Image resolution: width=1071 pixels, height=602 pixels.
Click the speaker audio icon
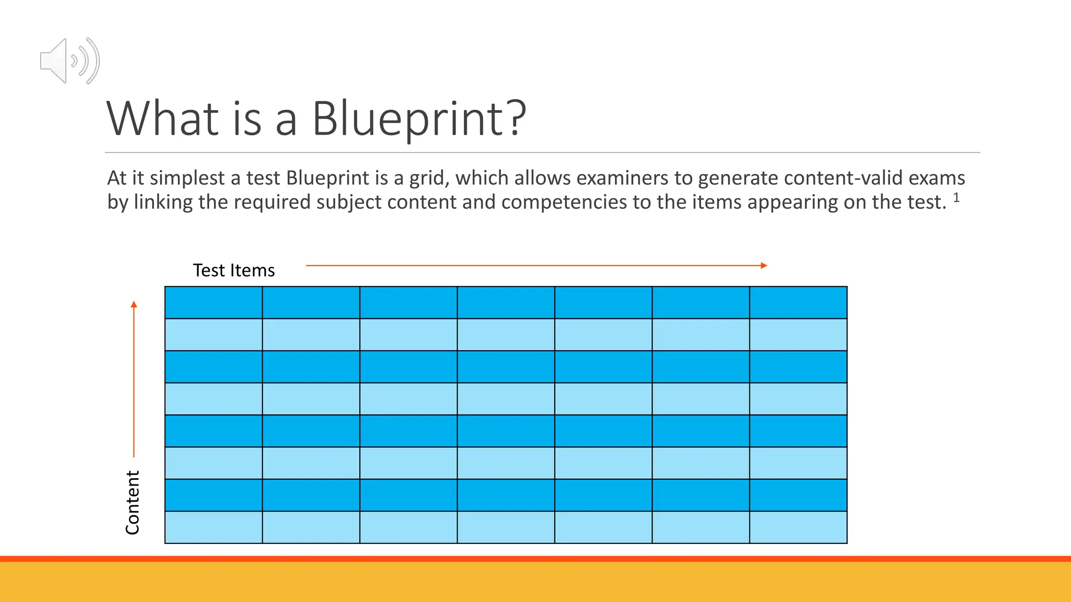click(69, 61)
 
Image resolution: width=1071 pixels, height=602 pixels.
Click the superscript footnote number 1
click(956, 198)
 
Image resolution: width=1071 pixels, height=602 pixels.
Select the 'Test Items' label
click(234, 271)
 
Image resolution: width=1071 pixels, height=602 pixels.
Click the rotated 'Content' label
click(133, 502)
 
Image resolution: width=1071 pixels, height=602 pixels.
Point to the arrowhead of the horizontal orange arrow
click(764, 265)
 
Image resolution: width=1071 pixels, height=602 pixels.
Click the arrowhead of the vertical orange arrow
click(134, 304)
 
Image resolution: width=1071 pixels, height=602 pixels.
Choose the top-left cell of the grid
click(213, 303)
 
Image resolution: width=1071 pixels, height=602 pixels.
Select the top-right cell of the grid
click(798, 303)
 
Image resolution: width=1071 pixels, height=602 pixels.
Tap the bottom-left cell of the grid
click(213, 527)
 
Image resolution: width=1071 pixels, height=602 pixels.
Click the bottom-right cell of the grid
click(798, 527)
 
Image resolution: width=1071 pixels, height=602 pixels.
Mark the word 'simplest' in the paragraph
click(187, 179)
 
